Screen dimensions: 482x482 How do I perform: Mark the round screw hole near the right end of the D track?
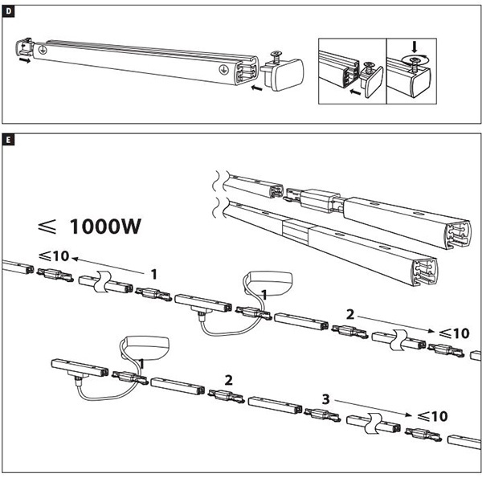tap(218, 71)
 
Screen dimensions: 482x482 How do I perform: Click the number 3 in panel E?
tap(325, 398)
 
